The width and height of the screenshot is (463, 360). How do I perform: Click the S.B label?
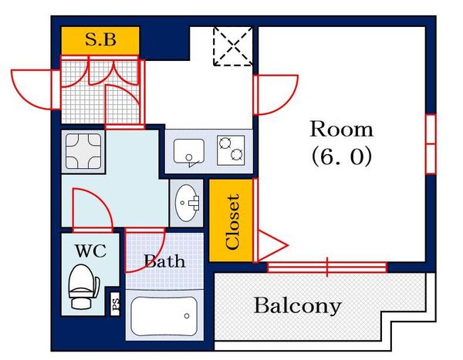[x=100, y=39]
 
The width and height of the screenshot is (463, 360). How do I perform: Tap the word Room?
[x=342, y=130]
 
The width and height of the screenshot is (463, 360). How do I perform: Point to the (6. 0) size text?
[x=342, y=156]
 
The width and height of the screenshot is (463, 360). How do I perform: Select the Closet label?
[x=231, y=221]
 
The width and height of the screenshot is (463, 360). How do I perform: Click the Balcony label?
[x=298, y=306]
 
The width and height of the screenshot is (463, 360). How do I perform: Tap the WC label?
[x=90, y=251]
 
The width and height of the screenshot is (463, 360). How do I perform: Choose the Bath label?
[x=164, y=261]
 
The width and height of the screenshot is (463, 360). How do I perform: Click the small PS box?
[x=116, y=304]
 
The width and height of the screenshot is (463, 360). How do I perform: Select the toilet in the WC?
[x=83, y=287]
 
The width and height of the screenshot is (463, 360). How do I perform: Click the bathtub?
[x=164, y=316]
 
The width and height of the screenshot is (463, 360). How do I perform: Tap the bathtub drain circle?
[x=187, y=316]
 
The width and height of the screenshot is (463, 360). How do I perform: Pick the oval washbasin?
[x=186, y=203]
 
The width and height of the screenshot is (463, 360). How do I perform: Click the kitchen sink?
[x=189, y=151]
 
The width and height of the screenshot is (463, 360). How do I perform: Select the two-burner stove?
[x=231, y=150]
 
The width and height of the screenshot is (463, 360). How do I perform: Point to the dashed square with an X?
[x=233, y=46]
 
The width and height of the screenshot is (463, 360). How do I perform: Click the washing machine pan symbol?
[x=83, y=151]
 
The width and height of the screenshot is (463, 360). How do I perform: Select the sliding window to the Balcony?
[x=327, y=267]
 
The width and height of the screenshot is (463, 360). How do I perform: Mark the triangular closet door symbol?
[x=272, y=245]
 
